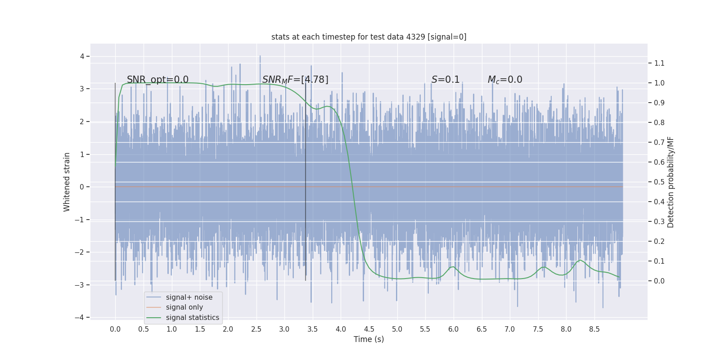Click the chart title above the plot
coord(369,37)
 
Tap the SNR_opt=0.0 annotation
coord(157,80)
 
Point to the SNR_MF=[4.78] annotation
coord(295,80)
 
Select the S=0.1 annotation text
coord(445,80)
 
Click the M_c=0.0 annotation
coord(505,80)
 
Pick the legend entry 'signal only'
coord(184,307)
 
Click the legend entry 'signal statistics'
coord(192,318)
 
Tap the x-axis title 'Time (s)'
coord(369,339)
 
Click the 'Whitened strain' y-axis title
coord(67,182)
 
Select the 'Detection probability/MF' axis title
coord(670,182)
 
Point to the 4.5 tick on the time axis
coord(369,329)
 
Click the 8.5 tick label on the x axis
coord(594,329)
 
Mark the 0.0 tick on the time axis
coord(115,329)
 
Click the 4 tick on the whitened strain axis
coord(82,56)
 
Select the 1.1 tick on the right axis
coord(659,63)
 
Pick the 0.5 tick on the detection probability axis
coord(659,182)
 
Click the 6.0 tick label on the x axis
coord(453,329)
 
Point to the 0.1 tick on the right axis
coord(659,261)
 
